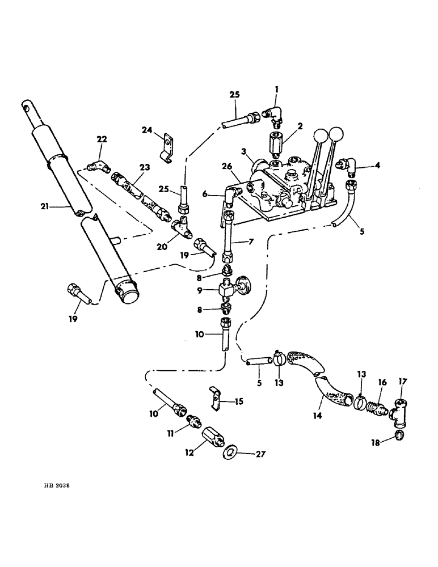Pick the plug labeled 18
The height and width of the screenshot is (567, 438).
point(399,435)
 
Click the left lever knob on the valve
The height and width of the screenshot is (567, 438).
point(321,136)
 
